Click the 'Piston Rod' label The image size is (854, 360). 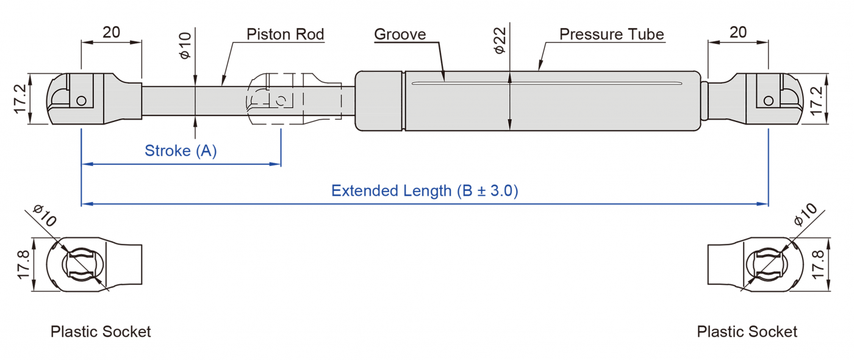285,34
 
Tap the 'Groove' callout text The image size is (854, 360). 400,34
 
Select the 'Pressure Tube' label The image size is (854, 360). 611,34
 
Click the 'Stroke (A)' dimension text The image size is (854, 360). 181,151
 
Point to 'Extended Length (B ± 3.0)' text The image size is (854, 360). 425,191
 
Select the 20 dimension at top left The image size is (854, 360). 111,32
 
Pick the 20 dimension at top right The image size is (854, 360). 738,32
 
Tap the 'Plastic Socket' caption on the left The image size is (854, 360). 101,332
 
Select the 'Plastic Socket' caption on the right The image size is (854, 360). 747,332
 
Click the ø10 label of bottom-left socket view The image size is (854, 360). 45,217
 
